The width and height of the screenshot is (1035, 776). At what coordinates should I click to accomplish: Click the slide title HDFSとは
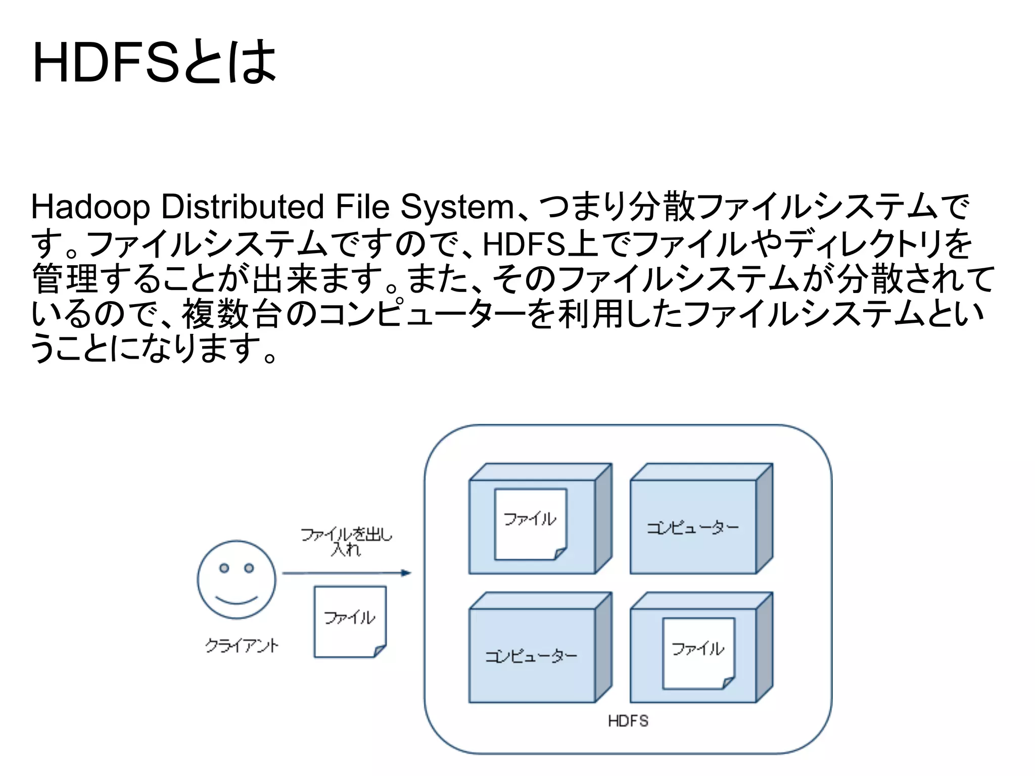[154, 62]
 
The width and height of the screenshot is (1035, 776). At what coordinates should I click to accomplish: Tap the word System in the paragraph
[457, 207]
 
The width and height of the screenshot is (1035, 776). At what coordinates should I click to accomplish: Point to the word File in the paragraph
[362, 207]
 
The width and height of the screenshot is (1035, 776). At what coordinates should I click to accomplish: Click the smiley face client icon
[237, 579]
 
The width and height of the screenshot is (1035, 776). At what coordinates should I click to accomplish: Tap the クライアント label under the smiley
[242, 645]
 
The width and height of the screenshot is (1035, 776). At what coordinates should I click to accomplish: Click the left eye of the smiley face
[224, 568]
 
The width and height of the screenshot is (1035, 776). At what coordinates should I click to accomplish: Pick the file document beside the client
[350, 621]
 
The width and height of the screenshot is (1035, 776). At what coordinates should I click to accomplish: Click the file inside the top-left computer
[530, 524]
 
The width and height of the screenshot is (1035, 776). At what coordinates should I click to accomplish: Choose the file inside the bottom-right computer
[698, 653]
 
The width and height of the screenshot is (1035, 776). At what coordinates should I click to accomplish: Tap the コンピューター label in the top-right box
[693, 528]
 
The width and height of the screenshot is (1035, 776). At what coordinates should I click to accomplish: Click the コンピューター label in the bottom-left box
[531, 656]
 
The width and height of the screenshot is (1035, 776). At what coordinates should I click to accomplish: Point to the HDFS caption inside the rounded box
[628, 721]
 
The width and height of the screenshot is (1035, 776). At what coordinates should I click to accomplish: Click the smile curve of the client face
[237, 600]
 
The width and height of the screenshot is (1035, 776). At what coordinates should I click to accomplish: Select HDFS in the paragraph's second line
[524, 245]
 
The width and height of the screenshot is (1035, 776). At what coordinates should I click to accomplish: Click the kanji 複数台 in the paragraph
[231, 314]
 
